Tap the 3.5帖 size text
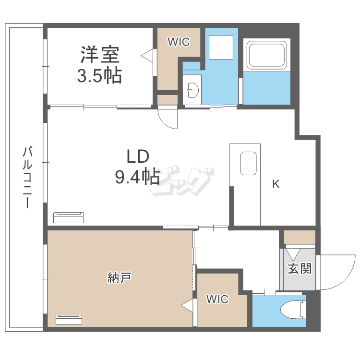click(x=100, y=76)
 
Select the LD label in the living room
click(x=138, y=156)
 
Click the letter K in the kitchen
click(x=276, y=184)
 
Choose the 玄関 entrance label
click(x=300, y=268)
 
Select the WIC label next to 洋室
click(x=178, y=42)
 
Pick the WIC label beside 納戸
click(x=217, y=300)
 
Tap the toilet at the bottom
click(x=294, y=310)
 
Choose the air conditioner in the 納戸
click(x=69, y=320)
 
